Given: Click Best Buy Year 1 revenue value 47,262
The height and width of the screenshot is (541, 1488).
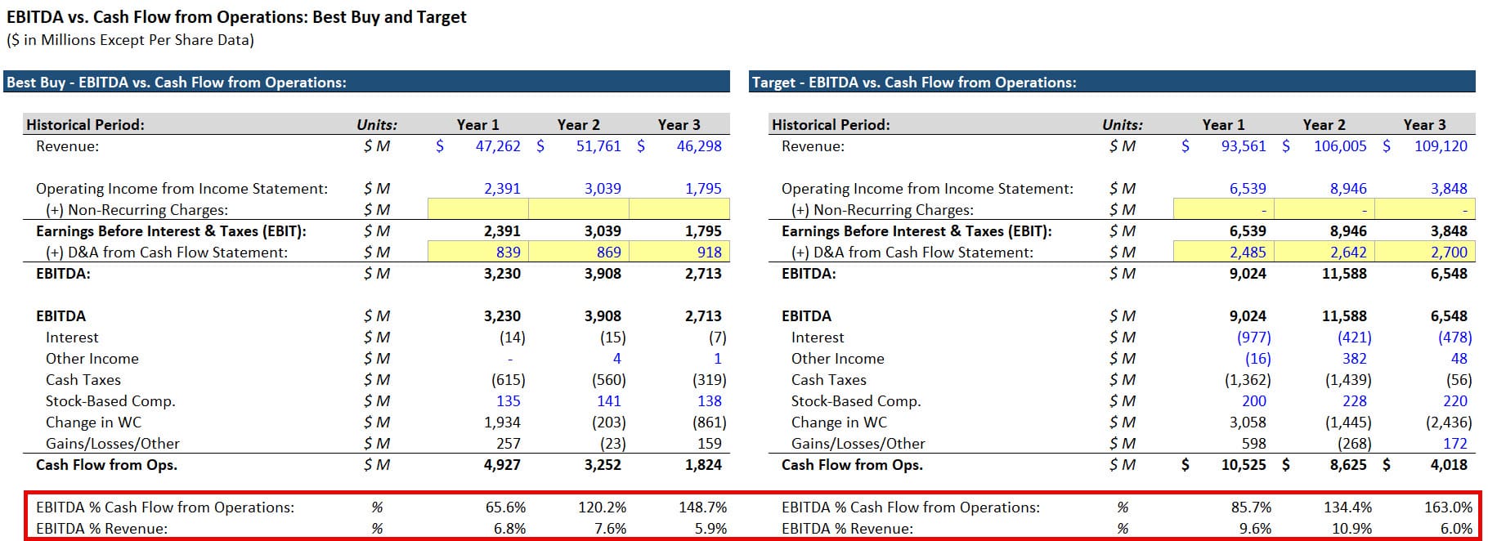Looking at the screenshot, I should coord(497,146).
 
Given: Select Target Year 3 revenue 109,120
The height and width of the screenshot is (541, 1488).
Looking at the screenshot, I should coord(1441,146).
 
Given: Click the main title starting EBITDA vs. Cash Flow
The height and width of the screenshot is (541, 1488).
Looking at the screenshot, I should coord(236,17).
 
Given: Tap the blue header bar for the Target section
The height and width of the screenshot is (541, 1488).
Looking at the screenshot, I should coord(1112,83).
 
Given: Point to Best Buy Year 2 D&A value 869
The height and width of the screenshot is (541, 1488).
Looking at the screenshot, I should coord(608,253).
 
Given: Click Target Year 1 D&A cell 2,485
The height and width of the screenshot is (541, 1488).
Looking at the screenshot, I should coord(1248,253).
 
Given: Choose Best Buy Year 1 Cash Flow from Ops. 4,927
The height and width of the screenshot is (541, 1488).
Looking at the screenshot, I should coord(502,465).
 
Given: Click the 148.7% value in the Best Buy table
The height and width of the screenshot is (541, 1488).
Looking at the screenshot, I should coord(702,507).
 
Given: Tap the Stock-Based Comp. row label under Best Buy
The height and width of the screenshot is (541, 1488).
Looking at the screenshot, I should coord(110,401).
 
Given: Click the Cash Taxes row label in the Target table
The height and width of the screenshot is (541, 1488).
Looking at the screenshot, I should coord(828,380).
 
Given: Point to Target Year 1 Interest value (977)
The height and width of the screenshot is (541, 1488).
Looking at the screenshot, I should coord(1253,338).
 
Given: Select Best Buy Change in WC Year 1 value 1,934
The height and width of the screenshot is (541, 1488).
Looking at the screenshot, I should coord(502,423).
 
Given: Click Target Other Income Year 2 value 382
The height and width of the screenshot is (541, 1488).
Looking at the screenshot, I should coord(1354,359).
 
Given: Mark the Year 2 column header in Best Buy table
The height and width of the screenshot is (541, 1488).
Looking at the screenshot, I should coord(578,125).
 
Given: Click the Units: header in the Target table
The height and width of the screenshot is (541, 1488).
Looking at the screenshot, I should coord(1122,125).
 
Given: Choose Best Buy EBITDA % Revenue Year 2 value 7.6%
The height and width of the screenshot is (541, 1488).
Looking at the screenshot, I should coord(610,529).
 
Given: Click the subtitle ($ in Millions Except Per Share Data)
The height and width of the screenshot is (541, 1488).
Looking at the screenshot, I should coord(130,40).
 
